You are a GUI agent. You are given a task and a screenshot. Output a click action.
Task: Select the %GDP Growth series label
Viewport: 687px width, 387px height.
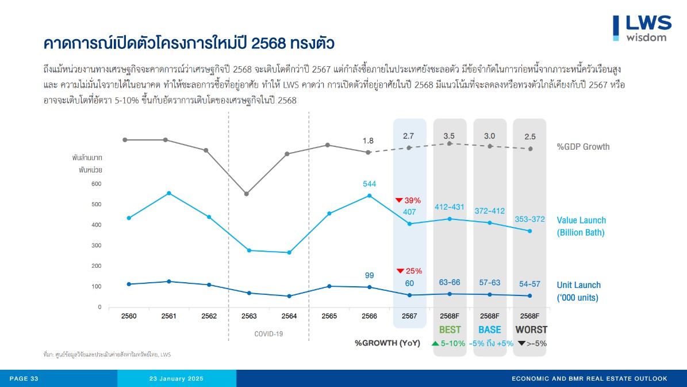[583, 147]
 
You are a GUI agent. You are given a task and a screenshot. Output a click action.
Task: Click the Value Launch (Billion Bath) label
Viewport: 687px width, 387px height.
[581, 226]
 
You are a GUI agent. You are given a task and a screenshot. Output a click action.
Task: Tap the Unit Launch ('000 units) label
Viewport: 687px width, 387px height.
[578, 291]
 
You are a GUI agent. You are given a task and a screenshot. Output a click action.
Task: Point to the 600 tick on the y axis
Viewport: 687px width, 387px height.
[95, 184]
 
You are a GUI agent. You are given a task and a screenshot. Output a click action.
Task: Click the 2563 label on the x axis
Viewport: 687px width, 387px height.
[249, 316]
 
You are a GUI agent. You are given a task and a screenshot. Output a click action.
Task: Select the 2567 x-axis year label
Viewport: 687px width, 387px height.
[409, 316]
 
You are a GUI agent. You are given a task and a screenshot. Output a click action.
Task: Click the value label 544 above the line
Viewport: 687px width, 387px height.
[370, 184]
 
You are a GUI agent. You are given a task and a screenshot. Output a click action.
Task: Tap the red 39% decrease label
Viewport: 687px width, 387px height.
[409, 200]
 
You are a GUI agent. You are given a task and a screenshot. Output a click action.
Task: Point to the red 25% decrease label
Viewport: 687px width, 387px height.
[409, 271]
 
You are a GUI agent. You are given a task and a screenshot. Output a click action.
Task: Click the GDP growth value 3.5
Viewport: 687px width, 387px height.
[449, 136]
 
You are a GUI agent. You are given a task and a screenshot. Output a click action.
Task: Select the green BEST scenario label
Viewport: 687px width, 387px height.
[450, 330]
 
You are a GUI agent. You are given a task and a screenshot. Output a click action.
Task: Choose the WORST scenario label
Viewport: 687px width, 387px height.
[531, 330]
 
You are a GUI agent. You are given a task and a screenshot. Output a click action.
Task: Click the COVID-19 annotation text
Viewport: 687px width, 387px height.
[268, 333]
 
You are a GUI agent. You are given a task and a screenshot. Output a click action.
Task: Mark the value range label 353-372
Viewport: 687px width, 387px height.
[529, 219]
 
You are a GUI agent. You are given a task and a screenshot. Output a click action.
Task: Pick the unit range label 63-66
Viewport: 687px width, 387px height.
[449, 283]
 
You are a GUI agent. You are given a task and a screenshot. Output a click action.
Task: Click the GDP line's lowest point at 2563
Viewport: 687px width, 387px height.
[247, 193]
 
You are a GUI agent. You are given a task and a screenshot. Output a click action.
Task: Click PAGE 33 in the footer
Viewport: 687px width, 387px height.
[24, 378]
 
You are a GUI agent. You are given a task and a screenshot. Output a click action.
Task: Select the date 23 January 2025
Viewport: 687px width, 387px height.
[176, 378]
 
